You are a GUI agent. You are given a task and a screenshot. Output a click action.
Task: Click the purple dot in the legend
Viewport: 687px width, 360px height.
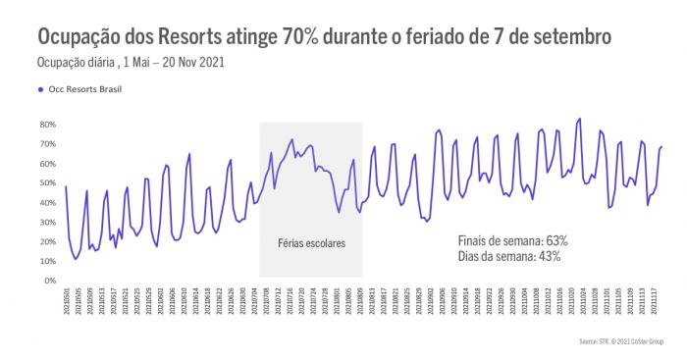40,88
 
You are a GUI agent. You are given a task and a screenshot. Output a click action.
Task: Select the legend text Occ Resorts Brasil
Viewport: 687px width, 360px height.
85,88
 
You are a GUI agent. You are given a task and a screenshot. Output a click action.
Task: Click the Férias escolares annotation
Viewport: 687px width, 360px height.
311,240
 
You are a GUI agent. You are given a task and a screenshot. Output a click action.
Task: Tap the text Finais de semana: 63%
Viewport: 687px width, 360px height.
513,240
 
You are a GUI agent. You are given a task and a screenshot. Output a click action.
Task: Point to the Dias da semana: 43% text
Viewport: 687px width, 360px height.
508,256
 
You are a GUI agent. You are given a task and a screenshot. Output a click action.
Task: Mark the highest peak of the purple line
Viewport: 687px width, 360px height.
580,119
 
